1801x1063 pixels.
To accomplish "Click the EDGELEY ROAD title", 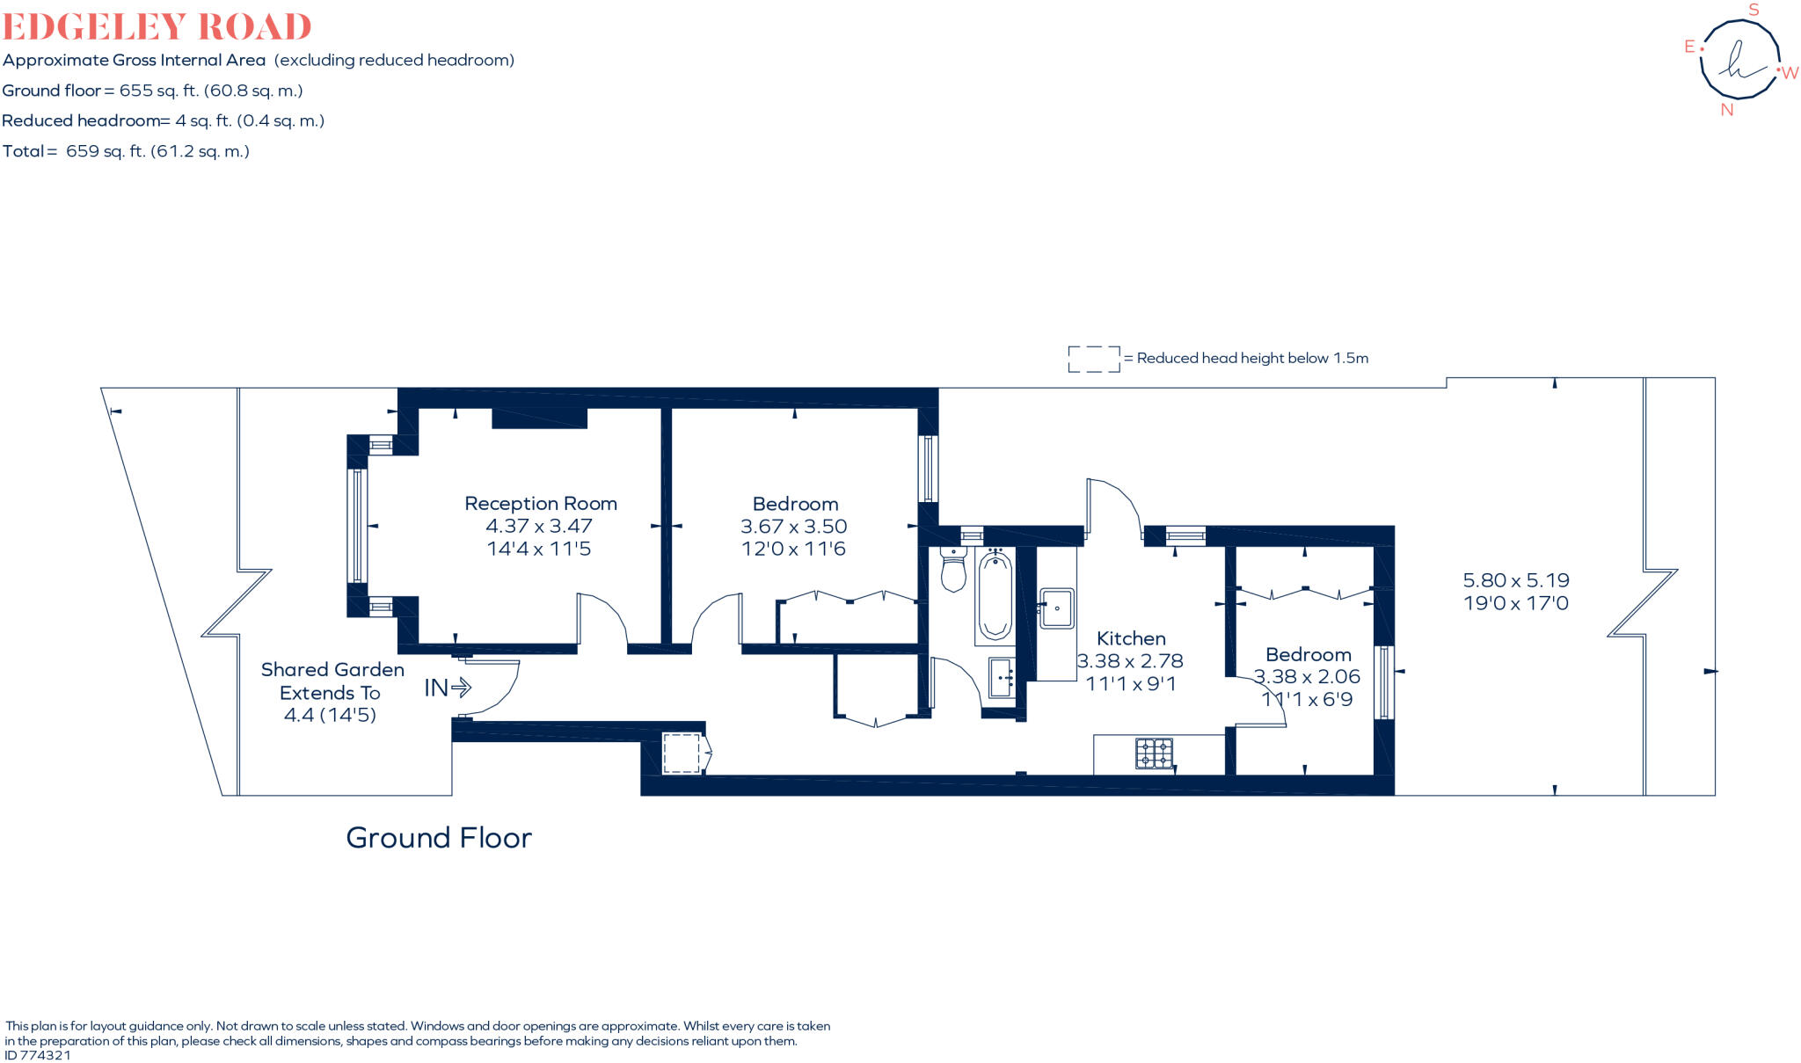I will tap(157, 26).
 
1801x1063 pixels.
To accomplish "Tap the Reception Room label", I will tap(540, 504).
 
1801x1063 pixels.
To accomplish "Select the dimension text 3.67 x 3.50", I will tap(793, 527).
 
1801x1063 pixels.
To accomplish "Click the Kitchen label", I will tap(1131, 638).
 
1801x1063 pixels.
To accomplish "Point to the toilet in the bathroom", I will tap(953, 569).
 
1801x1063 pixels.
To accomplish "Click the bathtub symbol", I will tap(995, 595).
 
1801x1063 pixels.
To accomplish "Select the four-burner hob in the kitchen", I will tap(1154, 754).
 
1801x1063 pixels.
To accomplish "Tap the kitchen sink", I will tap(1056, 608).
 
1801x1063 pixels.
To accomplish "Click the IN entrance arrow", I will tap(448, 688).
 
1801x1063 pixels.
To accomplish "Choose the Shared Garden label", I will tap(332, 670).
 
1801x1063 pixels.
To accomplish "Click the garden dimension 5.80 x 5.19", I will tap(1515, 580).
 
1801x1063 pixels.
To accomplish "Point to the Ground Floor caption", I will tap(439, 838).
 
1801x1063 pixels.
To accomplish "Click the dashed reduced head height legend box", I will tap(1094, 359).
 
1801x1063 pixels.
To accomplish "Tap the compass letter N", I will tap(1726, 110).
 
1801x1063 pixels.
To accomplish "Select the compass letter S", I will tap(1754, 11).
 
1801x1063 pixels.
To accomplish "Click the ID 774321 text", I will tap(38, 1055).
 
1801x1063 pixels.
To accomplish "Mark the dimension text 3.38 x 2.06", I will tap(1307, 677).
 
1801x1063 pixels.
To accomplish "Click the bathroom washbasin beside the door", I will tap(1002, 678).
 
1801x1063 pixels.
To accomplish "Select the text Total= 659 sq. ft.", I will tap(126, 151).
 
